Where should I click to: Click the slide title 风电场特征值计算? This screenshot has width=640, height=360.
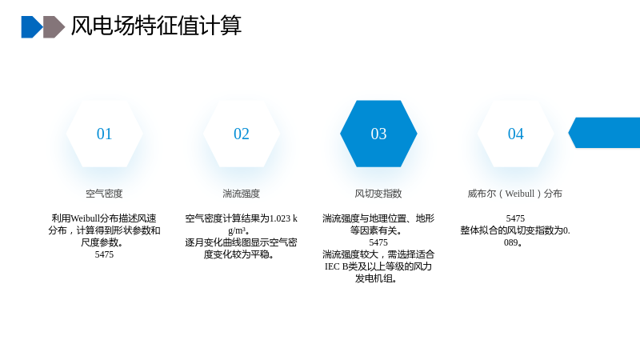156,26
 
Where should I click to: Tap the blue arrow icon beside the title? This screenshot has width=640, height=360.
32,27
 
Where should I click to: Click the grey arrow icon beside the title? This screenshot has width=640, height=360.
54,27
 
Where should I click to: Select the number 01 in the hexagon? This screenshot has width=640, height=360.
104,134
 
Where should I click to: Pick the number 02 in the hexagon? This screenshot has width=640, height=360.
242,134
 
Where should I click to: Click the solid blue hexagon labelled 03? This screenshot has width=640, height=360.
378,134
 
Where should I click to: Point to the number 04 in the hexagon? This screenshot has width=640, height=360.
515,134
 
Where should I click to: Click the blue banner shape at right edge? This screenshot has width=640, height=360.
605,133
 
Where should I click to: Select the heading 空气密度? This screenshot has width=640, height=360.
104,194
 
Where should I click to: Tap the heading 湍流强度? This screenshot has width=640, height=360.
242,194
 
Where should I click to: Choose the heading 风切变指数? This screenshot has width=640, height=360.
378,194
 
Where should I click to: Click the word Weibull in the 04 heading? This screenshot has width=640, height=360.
519,194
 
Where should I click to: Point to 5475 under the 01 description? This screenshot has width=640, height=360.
104,254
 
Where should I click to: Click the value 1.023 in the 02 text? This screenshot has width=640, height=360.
281,218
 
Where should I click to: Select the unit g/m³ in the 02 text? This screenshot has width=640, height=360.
237,230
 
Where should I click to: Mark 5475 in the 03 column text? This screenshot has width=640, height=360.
378,242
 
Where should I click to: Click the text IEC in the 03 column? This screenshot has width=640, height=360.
332,266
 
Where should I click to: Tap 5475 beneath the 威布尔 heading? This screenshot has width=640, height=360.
515,218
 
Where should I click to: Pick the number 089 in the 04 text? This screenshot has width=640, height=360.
510,242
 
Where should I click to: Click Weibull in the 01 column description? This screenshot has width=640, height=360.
86,218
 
